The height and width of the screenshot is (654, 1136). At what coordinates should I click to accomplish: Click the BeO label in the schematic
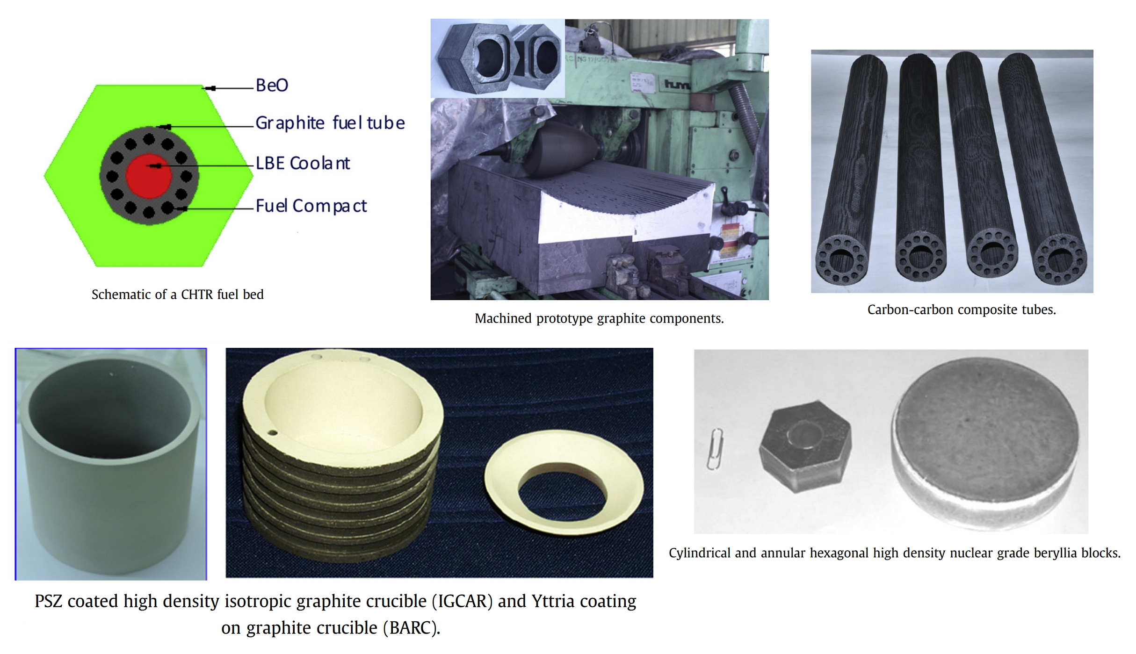[x=272, y=85]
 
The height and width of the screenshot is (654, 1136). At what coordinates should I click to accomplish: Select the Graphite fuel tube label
[x=330, y=123]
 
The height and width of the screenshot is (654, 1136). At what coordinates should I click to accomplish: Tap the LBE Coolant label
[x=303, y=163]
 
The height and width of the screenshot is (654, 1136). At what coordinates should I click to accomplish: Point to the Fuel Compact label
[x=311, y=206]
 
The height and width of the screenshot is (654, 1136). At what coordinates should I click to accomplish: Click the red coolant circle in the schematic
[x=149, y=176]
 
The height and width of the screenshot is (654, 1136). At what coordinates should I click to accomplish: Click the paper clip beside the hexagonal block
[x=715, y=449]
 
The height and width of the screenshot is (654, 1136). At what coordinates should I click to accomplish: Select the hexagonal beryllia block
[x=805, y=446]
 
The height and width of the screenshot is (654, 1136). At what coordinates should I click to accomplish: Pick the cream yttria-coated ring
[x=564, y=482]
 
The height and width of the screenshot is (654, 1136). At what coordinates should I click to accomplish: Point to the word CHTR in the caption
[x=197, y=295]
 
